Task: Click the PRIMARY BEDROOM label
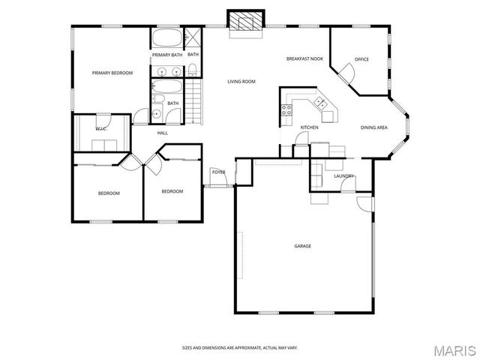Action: [x=112, y=73]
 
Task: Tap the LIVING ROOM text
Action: [x=241, y=81]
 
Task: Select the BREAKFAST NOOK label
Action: [x=304, y=58]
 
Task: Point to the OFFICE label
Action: [x=361, y=59]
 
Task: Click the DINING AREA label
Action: [x=373, y=127]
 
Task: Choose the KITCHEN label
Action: [x=309, y=127]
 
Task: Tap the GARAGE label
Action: [x=302, y=246]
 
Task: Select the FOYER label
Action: [x=218, y=172]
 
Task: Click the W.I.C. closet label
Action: [x=100, y=129]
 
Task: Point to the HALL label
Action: [x=162, y=133]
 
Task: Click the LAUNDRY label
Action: [x=343, y=176]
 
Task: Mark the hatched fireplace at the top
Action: [x=247, y=22]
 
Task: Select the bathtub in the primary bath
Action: [x=166, y=38]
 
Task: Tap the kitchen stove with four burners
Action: [x=286, y=110]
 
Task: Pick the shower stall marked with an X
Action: [x=193, y=37]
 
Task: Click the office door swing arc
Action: [x=346, y=73]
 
